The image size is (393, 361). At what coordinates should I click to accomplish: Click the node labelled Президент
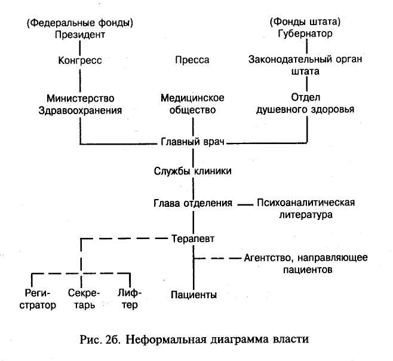tap(80, 34)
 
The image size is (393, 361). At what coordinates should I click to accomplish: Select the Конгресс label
tap(80, 60)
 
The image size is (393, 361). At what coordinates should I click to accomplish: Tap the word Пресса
tap(192, 60)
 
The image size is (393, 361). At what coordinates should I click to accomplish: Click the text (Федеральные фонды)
tap(80, 23)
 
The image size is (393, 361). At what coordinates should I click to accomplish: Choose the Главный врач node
tap(192, 142)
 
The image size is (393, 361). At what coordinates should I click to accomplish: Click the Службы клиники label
tap(192, 171)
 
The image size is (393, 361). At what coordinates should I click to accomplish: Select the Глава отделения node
tap(192, 203)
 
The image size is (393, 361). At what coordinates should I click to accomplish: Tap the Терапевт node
tap(192, 238)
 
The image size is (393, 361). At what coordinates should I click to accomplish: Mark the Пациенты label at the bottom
tap(193, 295)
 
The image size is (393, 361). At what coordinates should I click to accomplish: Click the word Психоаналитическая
tap(306, 202)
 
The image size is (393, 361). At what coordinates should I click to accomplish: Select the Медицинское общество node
tap(192, 104)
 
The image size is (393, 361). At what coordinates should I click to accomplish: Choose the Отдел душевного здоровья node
tap(306, 103)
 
